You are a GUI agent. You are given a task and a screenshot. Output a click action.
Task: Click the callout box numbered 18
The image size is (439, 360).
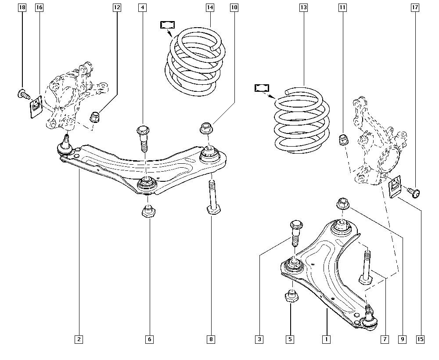(x=22, y=7)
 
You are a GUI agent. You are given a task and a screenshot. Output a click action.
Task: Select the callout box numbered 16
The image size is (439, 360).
(x=39, y=7)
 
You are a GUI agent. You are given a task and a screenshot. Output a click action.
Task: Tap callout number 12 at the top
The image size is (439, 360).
(x=116, y=7)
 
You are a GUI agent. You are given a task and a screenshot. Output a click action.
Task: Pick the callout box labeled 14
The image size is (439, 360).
(x=209, y=7)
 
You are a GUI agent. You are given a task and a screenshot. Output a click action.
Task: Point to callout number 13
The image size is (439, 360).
(x=303, y=7)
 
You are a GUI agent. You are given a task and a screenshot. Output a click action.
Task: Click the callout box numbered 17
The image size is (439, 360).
(x=415, y=7)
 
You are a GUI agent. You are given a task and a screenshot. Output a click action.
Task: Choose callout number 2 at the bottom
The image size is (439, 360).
(x=79, y=339)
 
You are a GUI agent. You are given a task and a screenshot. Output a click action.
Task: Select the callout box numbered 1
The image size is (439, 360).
(x=326, y=339)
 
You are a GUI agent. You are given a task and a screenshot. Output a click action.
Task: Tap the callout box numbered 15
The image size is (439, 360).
(x=420, y=339)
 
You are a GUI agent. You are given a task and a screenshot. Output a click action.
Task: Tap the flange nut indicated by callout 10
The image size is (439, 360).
(x=206, y=128)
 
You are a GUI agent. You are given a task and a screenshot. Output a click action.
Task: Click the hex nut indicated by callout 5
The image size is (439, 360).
(x=291, y=297)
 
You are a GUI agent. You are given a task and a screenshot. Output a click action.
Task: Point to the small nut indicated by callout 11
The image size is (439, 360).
(x=343, y=140)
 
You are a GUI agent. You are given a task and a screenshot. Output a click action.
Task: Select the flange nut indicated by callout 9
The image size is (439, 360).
(x=342, y=204)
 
